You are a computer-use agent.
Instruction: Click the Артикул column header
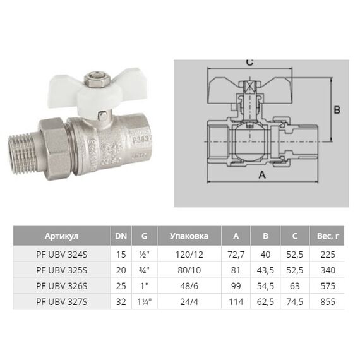coord(61,236)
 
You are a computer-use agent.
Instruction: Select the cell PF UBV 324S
coord(62,255)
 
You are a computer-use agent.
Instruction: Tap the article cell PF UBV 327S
coord(62,302)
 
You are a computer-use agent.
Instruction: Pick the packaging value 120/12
coord(189,255)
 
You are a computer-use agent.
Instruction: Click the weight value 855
coord(328,302)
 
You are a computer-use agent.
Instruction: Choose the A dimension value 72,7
coord(236,255)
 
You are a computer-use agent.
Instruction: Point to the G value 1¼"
coord(145,302)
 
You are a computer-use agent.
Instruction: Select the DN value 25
coord(121,286)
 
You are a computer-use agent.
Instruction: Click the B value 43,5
coord(265,270)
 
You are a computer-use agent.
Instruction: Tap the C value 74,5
coord(295,302)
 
